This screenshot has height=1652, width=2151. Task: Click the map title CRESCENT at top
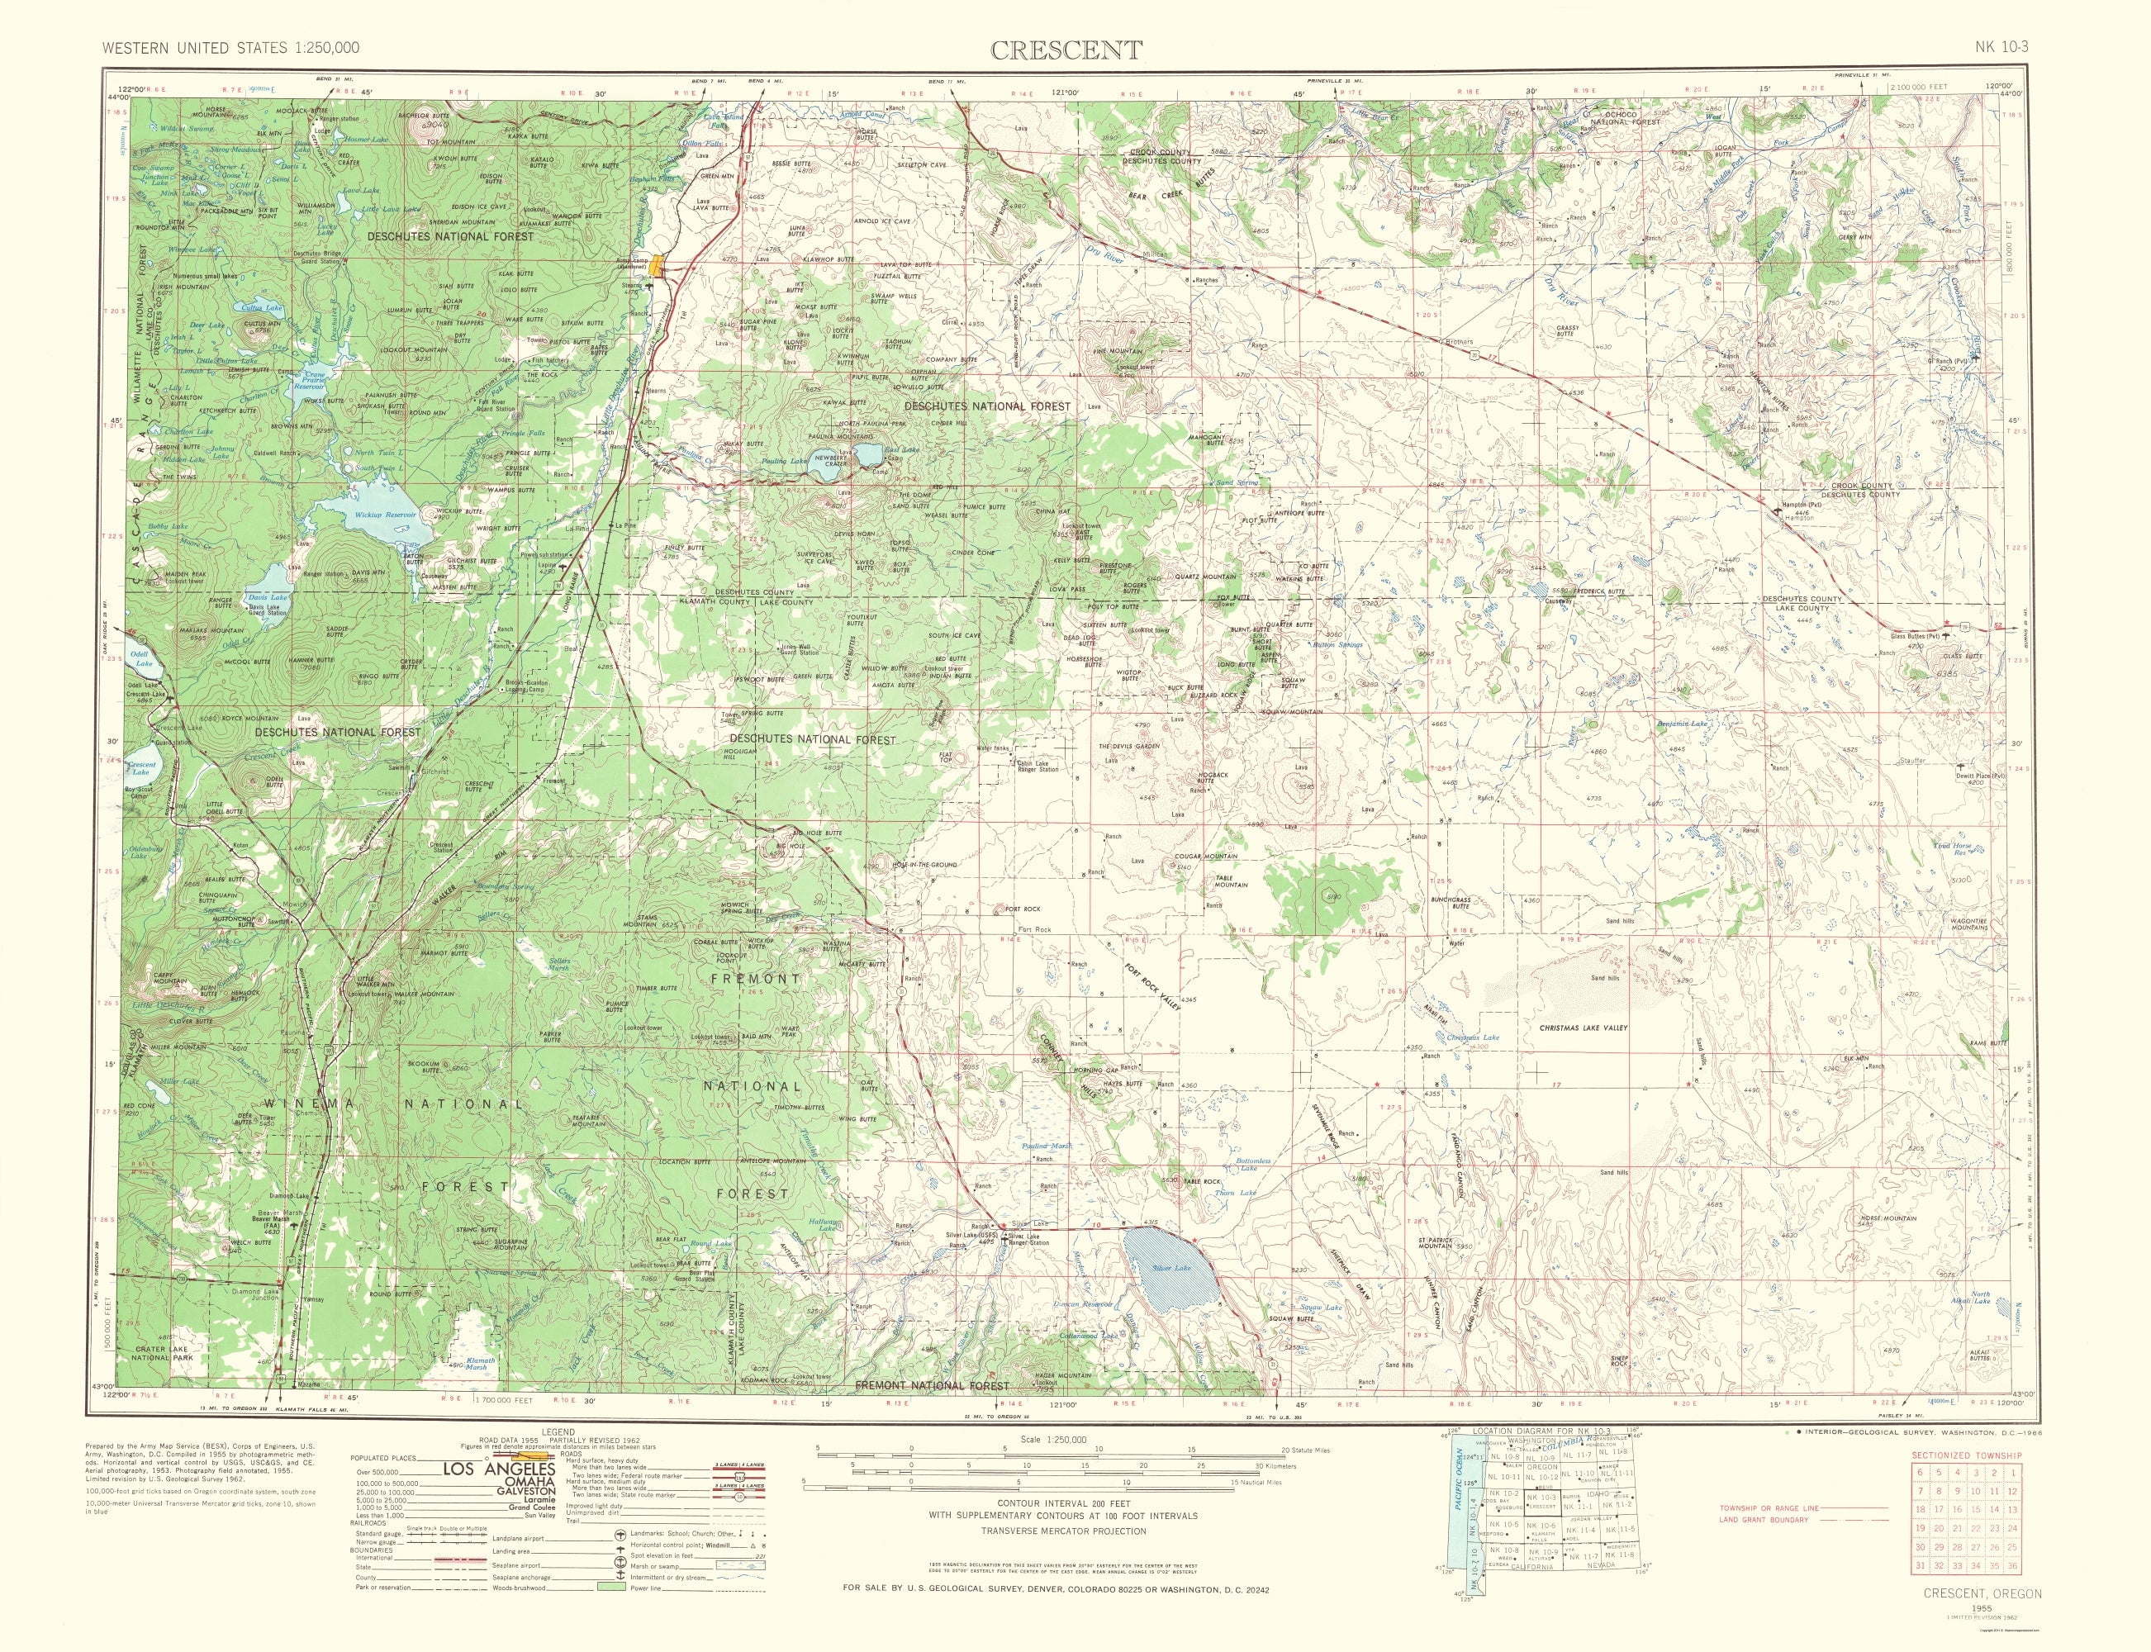coord(1066,50)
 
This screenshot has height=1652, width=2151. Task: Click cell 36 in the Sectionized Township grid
coord(2013,1592)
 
